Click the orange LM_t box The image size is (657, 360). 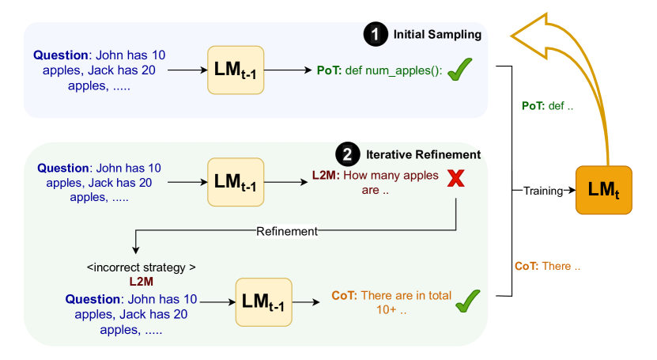tap(604, 190)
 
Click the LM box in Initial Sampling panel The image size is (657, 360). tap(234, 70)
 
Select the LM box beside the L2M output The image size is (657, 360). tap(234, 182)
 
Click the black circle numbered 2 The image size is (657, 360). tap(345, 153)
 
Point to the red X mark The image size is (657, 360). tap(455, 179)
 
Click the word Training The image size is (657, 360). tap(545, 191)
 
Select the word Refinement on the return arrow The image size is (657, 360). tap(286, 232)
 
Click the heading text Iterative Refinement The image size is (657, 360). tap(422, 153)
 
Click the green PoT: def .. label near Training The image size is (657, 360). tap(552, 106)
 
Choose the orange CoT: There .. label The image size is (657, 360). tap(547, 266)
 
